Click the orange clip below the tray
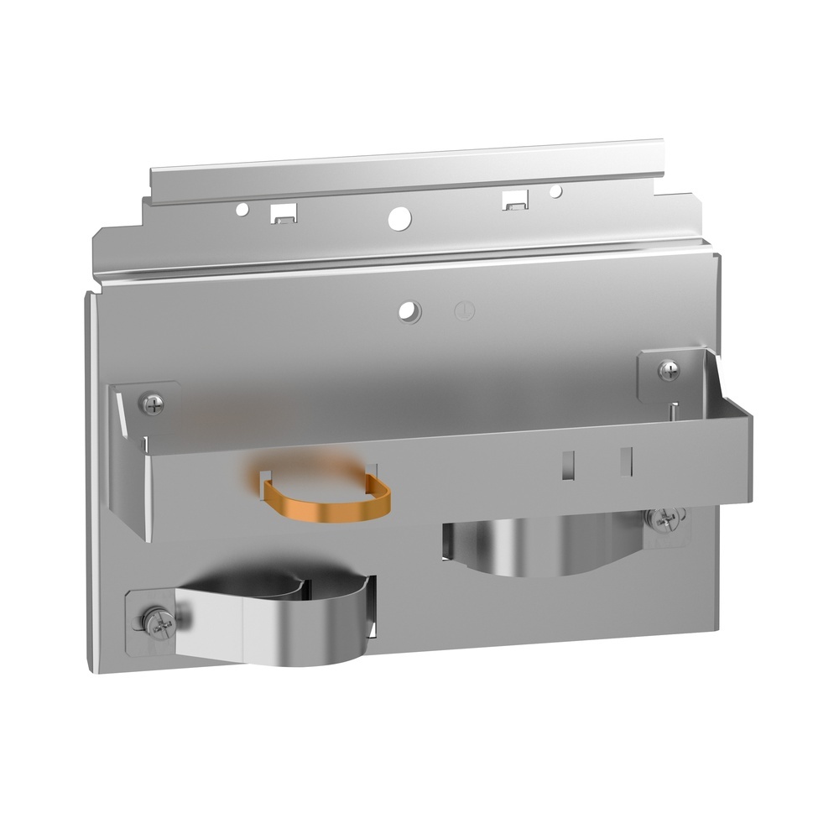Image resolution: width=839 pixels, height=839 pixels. (x=327, y=502)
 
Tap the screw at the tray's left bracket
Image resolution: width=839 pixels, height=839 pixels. (x=154, y=404)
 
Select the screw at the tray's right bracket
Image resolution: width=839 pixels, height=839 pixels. (x=669, y=369)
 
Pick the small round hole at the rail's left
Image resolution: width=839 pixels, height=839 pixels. (x=242, y=206)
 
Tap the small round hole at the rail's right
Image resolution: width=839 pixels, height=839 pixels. (x=555, y=192)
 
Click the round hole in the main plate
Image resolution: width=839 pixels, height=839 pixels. (x=410, y=311)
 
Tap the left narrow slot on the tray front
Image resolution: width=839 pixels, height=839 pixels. (x=568, y=464)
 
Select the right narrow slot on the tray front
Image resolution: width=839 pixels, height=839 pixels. (x=624, y=460)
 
